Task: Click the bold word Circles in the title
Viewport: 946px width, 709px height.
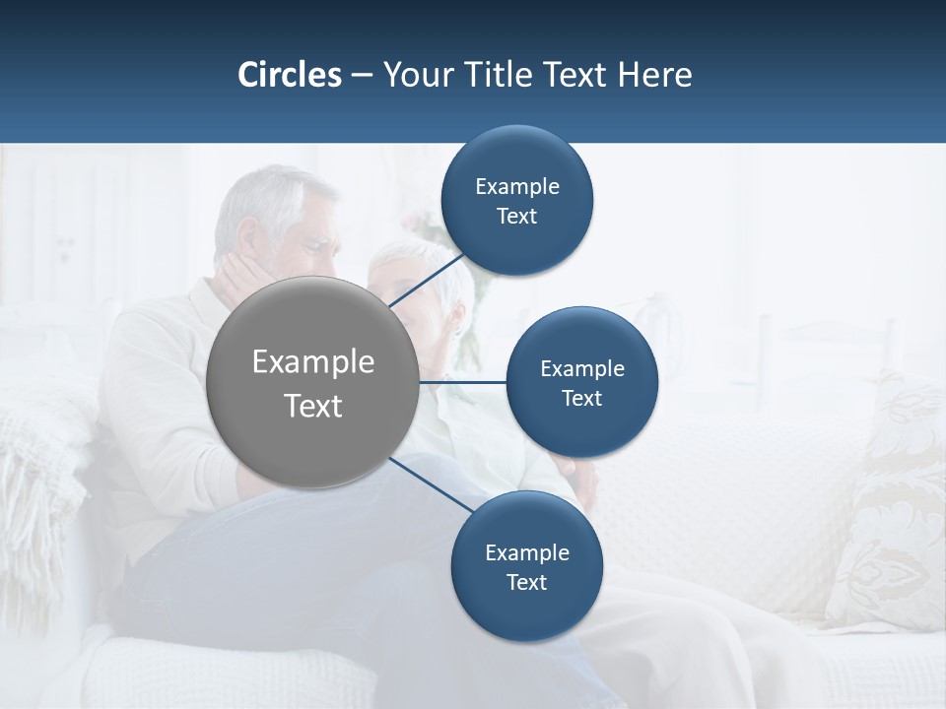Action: (290, 75)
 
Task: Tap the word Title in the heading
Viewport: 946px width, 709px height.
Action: (499, 75)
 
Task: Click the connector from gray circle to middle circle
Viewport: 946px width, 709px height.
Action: (462, 382)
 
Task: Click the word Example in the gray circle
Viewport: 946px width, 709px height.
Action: (313, 362)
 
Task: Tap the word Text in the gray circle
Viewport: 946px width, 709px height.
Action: (313, 406)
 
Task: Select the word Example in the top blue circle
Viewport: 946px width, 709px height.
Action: (517, 186)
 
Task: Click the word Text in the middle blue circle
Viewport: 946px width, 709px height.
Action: (581, 399)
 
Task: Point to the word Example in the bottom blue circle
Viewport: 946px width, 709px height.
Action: (527, 552)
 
